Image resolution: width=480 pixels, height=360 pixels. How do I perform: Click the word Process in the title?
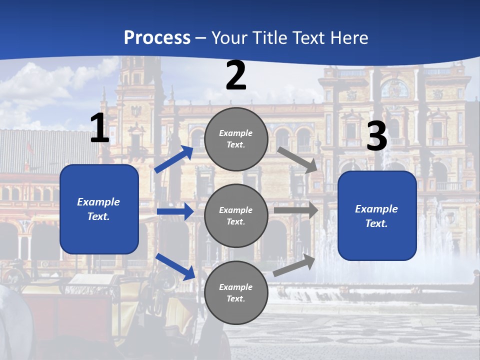click(157, 38)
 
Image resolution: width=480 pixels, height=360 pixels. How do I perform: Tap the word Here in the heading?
click(348, 38)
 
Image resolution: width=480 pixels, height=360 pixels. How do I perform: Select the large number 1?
click(99, 128)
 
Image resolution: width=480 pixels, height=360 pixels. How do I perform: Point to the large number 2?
click(236, 75)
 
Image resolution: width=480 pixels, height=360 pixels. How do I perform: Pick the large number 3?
click(376, 136)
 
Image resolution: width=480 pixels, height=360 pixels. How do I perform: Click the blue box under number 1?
click(99, 209)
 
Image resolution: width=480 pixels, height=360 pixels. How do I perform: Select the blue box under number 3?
click(377, 216)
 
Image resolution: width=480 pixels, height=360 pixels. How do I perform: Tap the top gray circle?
click(236, 139)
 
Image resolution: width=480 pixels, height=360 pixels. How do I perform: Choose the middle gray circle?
click(236, 216)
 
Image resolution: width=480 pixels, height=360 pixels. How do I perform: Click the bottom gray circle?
click(236, 293)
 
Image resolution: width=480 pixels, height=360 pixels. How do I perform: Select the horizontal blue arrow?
click(175, 211)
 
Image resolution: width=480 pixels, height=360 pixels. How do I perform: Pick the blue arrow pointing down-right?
click(175, 266)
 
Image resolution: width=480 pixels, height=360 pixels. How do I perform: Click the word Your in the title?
click(230, 38)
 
